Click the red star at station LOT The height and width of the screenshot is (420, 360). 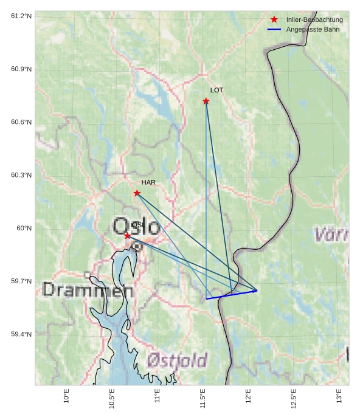coord(206,101)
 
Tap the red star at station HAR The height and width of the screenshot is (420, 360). coord(137,193)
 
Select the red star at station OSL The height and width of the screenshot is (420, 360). coord(127,236)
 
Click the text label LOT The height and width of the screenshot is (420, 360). coord(217,90)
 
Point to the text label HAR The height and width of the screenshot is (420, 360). coord(148,182)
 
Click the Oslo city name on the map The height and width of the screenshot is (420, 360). coord(137,227)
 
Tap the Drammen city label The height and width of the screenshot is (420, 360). coord(88,290)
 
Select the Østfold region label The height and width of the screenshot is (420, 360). coord(177,360)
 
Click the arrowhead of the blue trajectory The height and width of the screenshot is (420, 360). coord(256,291)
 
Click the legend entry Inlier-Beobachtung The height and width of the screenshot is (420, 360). coord(314,19)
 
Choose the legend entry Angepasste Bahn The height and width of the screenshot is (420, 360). coord(313,29)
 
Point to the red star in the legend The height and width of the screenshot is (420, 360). coord(274,19)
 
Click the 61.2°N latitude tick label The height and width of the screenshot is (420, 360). coord(21,16)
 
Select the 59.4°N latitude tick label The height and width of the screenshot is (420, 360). coord(21,334)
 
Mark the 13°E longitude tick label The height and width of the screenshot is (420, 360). coord(339,396)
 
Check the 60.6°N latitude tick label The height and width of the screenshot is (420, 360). coord(21,122)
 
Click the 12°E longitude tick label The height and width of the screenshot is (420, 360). coord(248,396)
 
